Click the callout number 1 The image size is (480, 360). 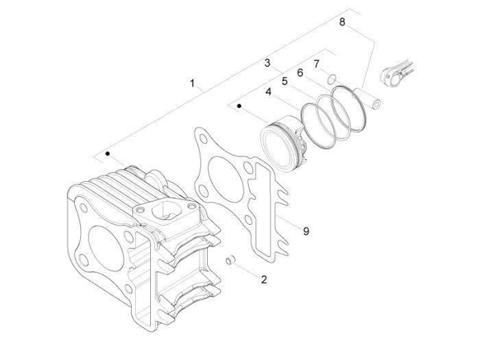192,83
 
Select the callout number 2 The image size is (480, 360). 264,279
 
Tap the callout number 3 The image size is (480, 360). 267,63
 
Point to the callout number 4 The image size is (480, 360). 269,91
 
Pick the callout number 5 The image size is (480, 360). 285,82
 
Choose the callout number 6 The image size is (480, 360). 300,73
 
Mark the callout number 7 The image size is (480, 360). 317,64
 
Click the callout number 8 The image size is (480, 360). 342,22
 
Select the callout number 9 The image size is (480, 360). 306,231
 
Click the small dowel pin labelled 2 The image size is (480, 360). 230,259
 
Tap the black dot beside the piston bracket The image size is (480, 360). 239,106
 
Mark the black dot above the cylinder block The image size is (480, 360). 108,154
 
